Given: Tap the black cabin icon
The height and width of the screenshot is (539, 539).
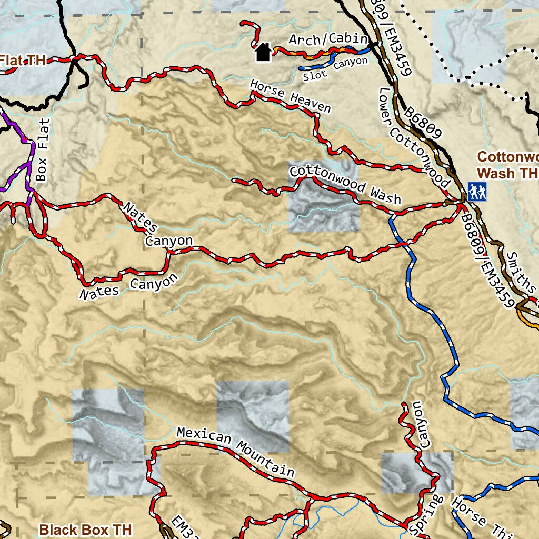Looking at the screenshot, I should pos(263,52).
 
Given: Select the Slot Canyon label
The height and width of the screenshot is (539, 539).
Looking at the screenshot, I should pos(335,69).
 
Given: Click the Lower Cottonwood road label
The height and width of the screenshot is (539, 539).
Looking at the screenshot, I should pos(414,137).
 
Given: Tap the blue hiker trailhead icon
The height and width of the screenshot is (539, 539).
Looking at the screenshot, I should pos(477,192).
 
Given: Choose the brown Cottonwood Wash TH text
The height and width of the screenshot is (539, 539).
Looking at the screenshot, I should pos(507,165).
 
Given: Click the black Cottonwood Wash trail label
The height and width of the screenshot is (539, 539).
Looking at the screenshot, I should pos(345,185).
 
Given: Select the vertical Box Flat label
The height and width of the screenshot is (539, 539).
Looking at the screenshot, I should pos(43,149).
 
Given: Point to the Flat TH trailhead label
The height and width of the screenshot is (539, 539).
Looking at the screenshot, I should pos(21,61).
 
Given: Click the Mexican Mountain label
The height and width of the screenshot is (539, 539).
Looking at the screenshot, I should pos(235,451).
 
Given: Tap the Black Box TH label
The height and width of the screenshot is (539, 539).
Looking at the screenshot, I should pos(85,528).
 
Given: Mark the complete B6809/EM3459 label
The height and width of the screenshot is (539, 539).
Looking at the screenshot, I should pos(486,261).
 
